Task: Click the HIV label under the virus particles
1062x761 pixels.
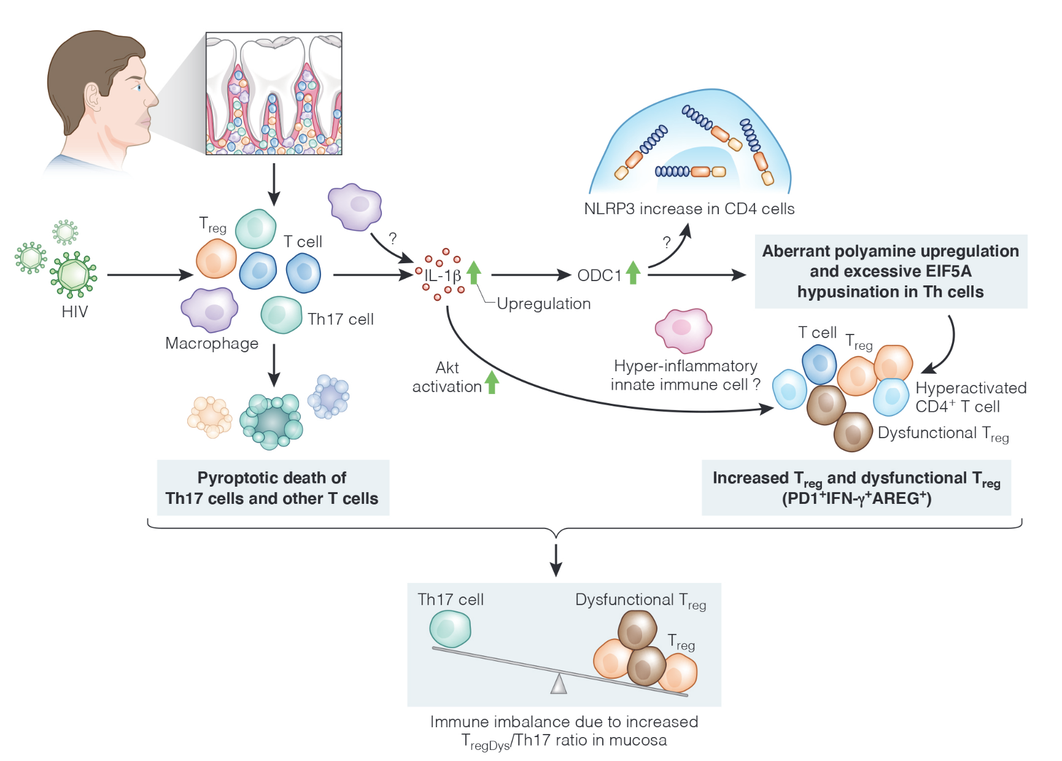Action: point(74,312)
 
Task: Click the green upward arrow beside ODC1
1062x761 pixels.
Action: point(633,272)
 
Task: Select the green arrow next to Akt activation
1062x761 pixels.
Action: point(492,382)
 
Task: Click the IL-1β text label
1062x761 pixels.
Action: point(443,276)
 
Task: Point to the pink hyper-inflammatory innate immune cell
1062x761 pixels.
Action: point(683,330)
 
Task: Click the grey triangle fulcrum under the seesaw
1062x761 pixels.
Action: point(559,684)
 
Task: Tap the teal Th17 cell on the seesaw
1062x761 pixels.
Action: point(450,629)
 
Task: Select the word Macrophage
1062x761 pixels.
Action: point(212,343)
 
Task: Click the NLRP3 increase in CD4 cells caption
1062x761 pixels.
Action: point(689,209)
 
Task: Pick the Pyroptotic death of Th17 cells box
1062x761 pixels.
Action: point(273,488)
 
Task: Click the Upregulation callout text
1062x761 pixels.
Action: point(543,304)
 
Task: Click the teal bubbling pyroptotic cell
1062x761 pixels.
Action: point(271,422)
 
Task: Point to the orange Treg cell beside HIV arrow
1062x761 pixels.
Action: point(216,259)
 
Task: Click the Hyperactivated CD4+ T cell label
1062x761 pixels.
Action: point(970,397)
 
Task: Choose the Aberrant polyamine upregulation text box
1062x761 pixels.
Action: point(890,271)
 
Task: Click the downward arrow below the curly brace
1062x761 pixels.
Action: point(556,559)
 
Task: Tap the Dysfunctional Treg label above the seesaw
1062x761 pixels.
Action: point(640,600)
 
